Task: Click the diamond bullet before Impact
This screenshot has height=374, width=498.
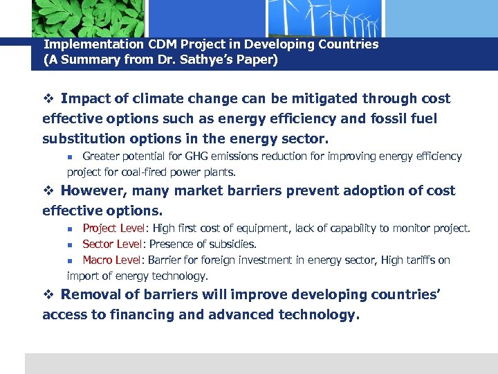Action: (x=48, y=99)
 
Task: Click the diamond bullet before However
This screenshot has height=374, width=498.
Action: (x=48, y=191)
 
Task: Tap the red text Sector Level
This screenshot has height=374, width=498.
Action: (x=112, y=244)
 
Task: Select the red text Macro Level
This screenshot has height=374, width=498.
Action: (x=112, y=260)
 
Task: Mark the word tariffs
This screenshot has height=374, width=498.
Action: (x=414, y=260)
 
